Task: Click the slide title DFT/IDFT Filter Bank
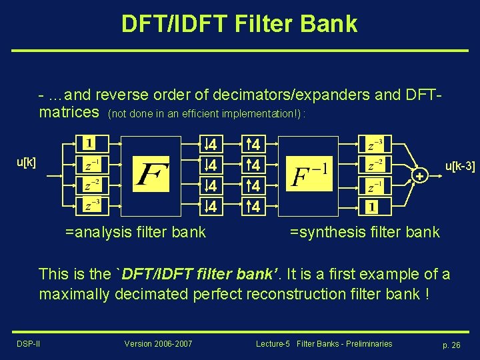pos(239,24)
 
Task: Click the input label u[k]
pos(27,162)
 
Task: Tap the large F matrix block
pos(152,174)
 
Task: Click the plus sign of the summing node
pos(419,175)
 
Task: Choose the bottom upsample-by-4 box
pos(254,207)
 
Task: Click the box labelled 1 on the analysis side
pos(89,143)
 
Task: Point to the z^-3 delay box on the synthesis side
pos(375,143)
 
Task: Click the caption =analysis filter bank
pos(135,232)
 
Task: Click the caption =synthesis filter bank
pos(365,232)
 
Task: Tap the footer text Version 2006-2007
pos(158,344)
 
